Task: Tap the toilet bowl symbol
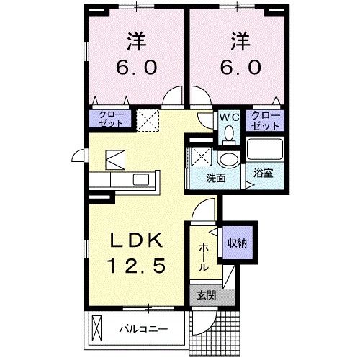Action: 229,134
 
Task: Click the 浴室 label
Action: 261,174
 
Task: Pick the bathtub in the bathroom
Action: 265,150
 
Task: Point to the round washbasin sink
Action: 229,159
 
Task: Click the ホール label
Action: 204,256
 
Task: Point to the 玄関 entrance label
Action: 204,295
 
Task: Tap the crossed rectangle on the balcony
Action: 98,330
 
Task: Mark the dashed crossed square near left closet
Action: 148,120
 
